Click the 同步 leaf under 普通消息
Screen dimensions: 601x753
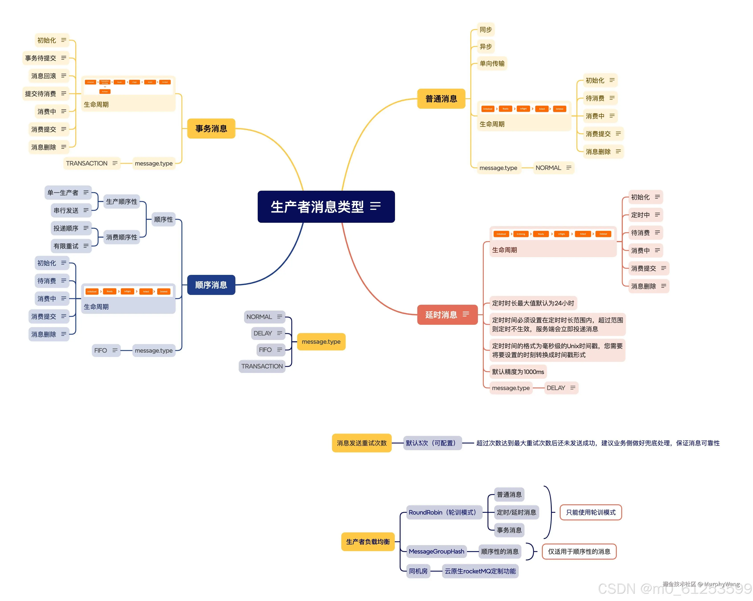[486, 30]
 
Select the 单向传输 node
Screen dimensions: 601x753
[492, 63]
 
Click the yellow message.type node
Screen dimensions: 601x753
[321, 342]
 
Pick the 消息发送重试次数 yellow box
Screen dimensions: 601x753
[362, 443]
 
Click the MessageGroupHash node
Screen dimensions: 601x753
[436, 552]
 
